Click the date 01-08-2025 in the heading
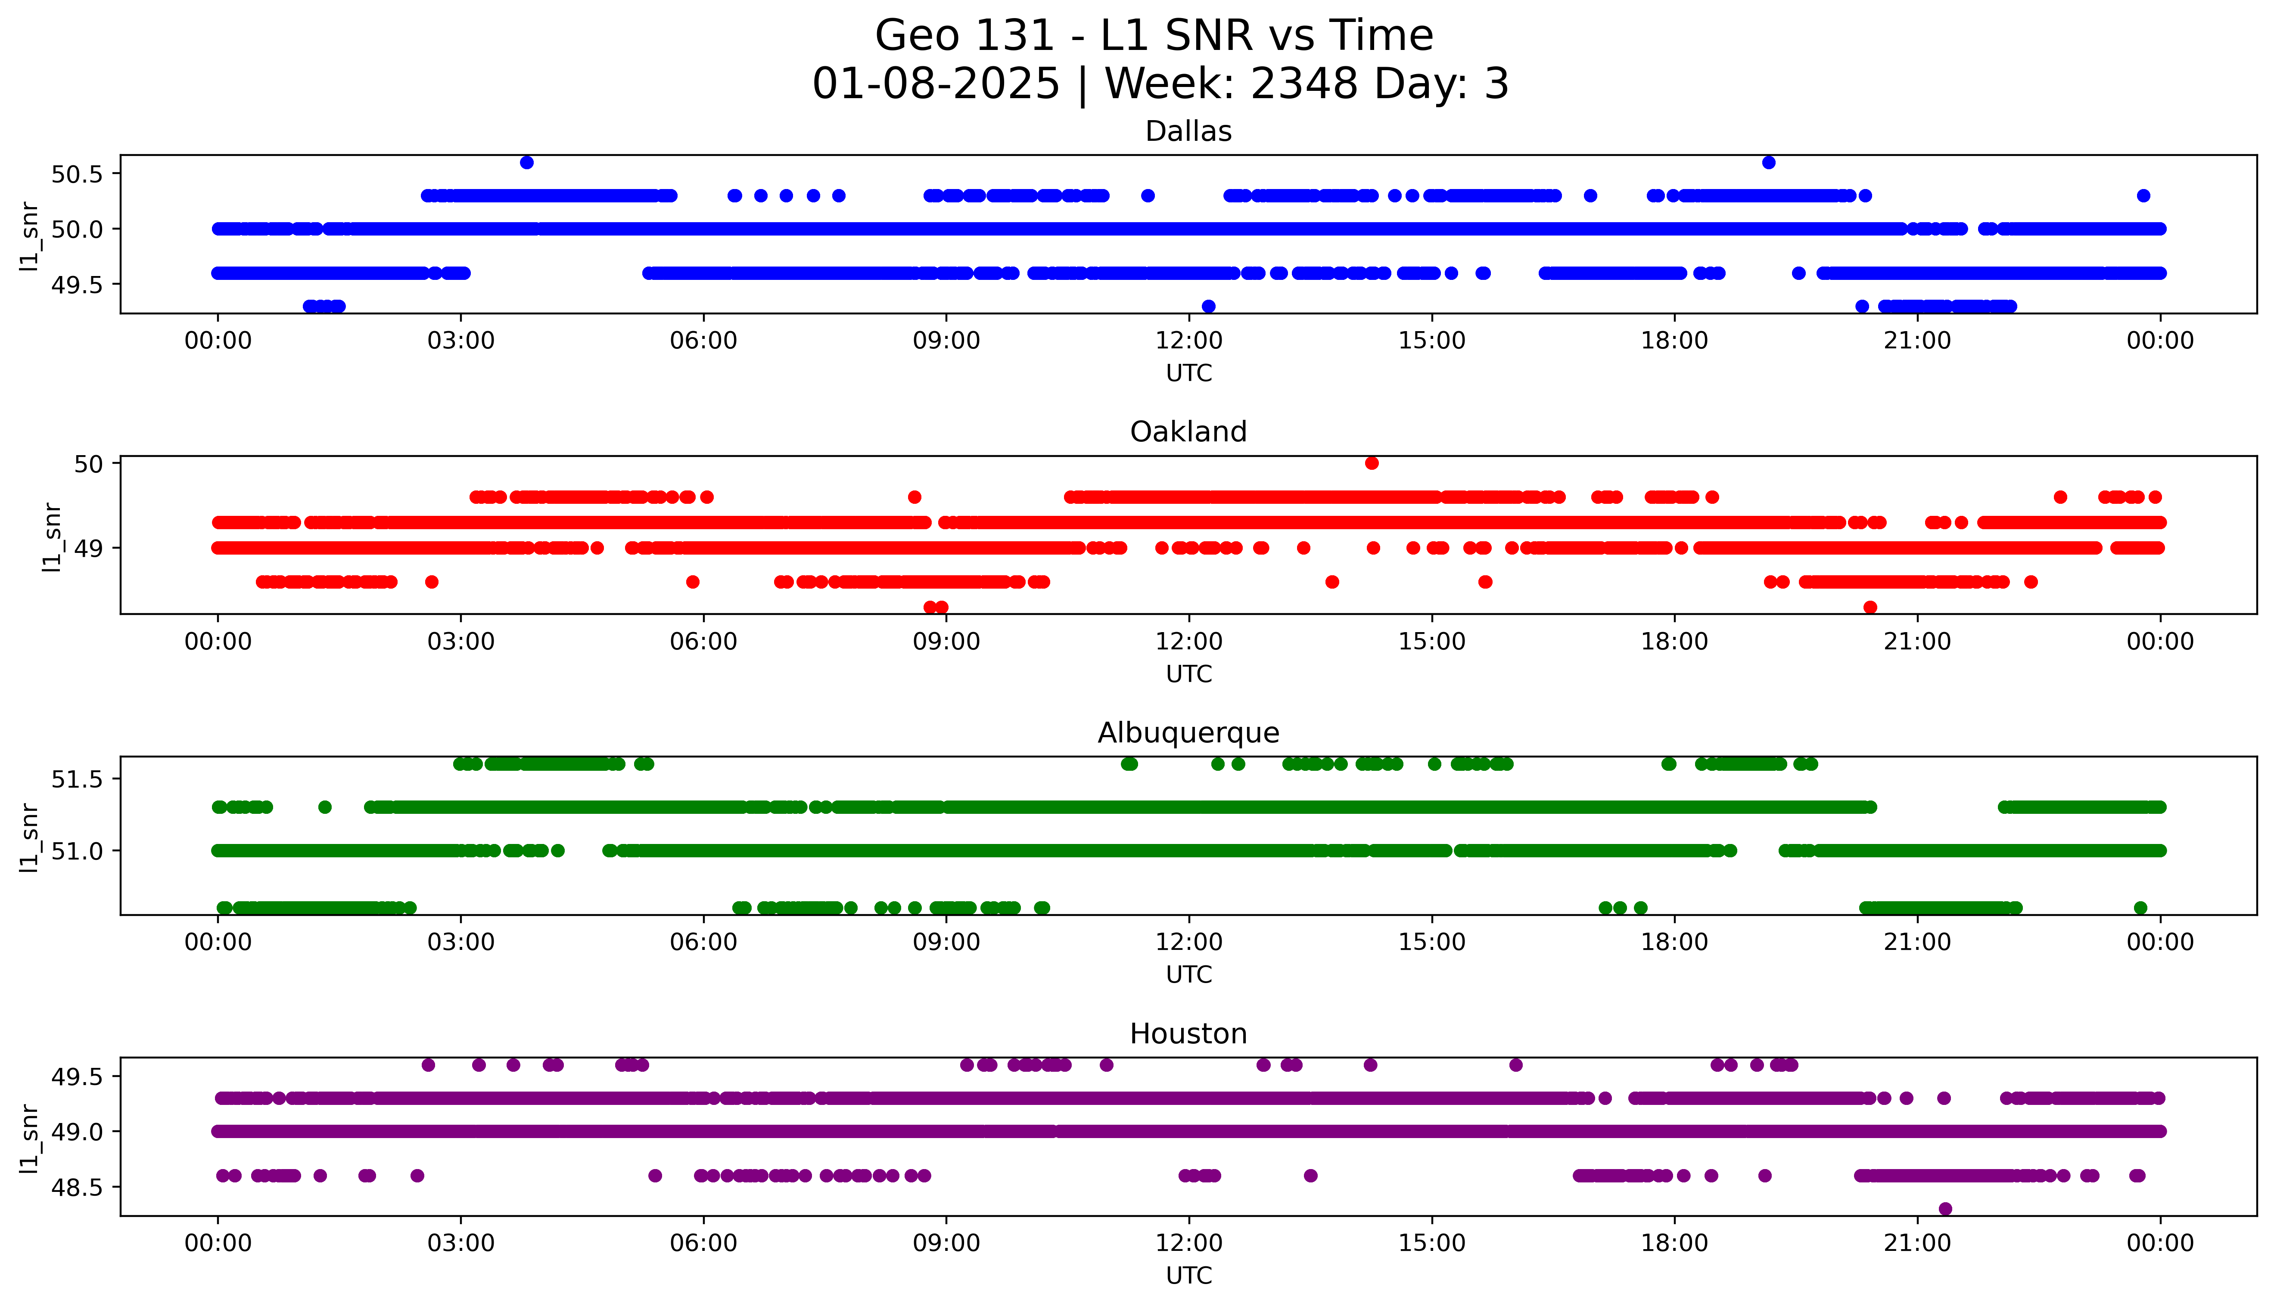(x=936, y=84)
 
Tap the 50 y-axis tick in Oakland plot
(x=90, y=464)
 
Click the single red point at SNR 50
(x=1372, y=463)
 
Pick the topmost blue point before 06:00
(x=526, y=162)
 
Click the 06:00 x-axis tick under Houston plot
(x=703, y=1243)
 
